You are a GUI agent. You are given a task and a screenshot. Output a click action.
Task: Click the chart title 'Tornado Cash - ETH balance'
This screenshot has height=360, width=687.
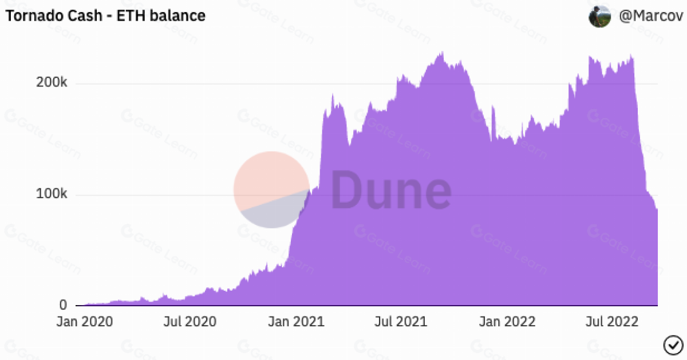(105, 15)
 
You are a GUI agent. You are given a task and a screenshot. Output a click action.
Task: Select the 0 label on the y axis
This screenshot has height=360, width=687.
(63, 305)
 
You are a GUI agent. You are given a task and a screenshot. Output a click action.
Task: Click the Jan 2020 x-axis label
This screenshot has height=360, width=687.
(84, 322)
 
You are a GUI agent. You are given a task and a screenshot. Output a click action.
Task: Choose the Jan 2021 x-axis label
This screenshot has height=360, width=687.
(296, 322)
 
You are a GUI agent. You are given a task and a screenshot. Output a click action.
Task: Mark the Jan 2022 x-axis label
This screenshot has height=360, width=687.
(507, 322)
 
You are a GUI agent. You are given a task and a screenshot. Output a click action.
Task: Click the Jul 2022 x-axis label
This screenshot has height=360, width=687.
(611, 322)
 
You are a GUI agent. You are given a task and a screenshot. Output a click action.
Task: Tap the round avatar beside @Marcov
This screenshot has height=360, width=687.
(599, 16)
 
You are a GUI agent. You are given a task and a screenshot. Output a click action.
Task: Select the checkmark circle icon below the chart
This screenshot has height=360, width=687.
(673, 345)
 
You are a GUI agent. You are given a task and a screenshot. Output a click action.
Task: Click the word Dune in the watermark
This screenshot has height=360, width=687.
(391, 191)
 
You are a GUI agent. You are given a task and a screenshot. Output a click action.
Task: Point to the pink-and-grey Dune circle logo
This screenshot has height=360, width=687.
(271, 189)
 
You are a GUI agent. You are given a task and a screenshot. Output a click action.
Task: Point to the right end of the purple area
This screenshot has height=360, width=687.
(656, 258)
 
